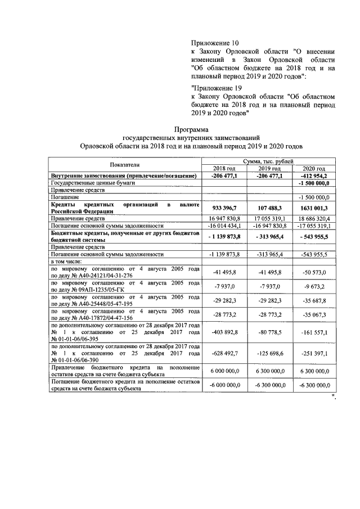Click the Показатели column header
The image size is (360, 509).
pyautogui.click(x=125, y=164)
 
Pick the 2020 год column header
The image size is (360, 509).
pyautogui.click(x=314, y=169)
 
